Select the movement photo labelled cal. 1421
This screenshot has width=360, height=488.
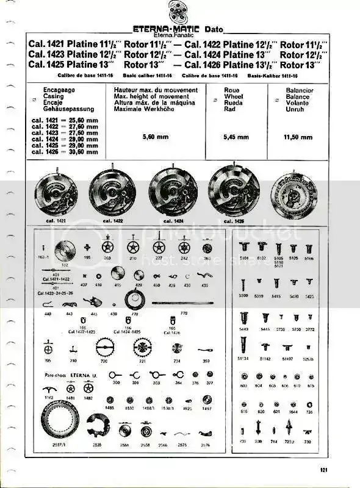(x=56, y=193)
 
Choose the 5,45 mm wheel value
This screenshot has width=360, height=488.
(x=236, y=137)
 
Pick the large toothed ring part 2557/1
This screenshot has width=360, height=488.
(x=60, y=418)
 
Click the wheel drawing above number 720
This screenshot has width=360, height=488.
(x=106, y=348)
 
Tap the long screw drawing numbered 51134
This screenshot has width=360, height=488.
(x=247, y=345)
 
